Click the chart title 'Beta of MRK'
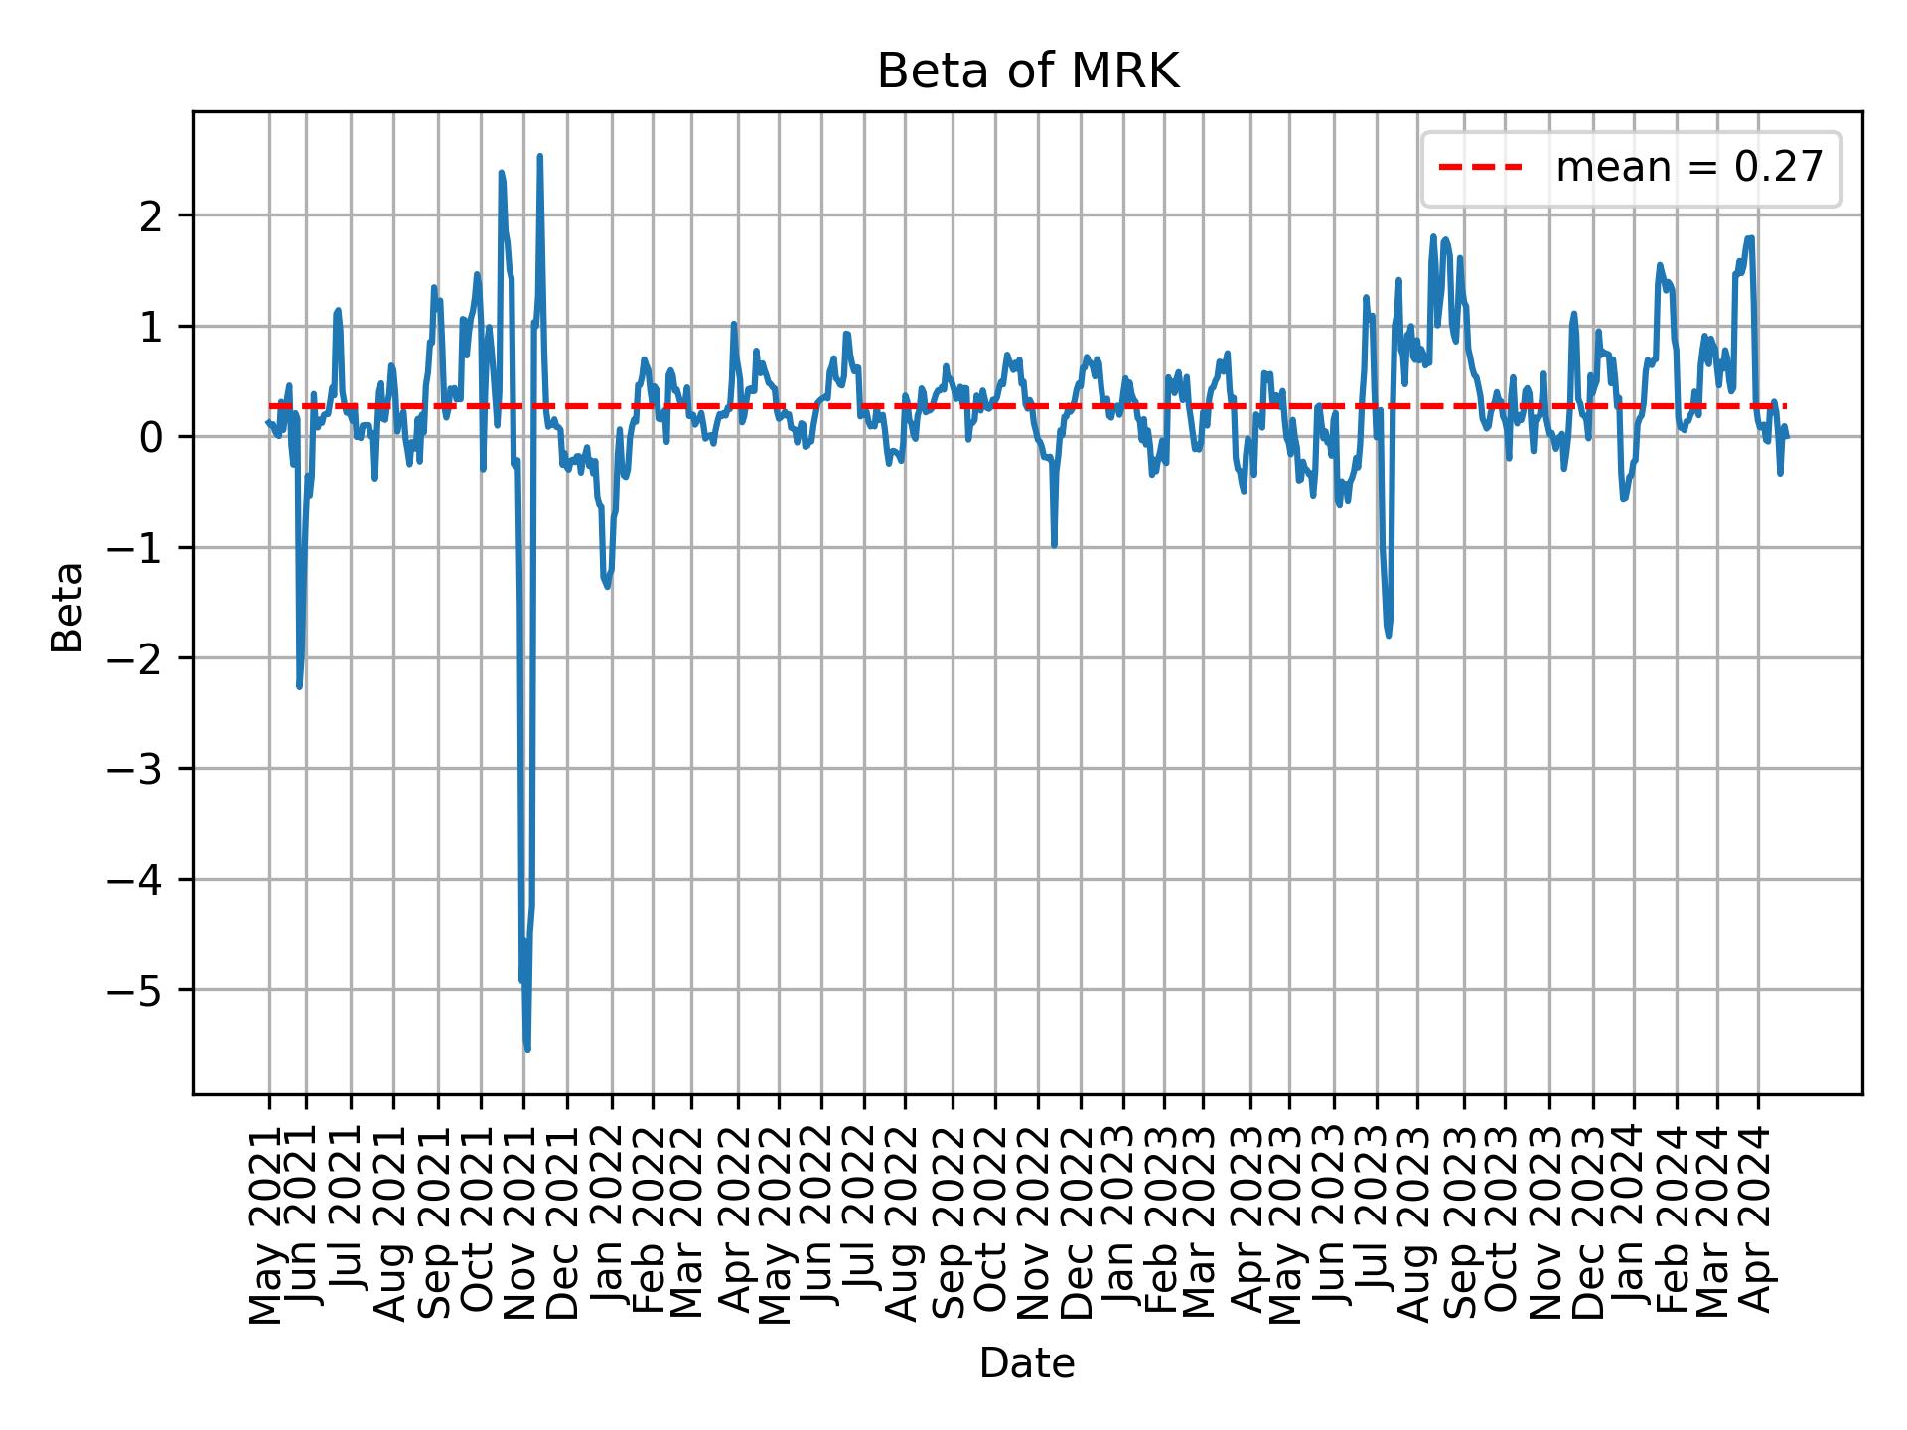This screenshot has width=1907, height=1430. (1027, 71)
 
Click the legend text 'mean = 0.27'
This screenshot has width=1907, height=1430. (1688, 168)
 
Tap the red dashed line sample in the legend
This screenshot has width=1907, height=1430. (1480, 168)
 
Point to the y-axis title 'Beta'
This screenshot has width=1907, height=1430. (68, 607)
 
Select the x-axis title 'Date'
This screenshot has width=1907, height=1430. (1027, 1364)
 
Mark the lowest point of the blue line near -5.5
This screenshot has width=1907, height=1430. (527, 1049)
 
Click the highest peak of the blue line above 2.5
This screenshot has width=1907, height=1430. (539, 156)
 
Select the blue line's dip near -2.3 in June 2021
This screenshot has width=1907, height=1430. (299, 686)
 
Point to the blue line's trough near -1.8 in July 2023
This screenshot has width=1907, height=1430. (1388, 635)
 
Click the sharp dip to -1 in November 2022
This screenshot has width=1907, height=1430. (1054, 545)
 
